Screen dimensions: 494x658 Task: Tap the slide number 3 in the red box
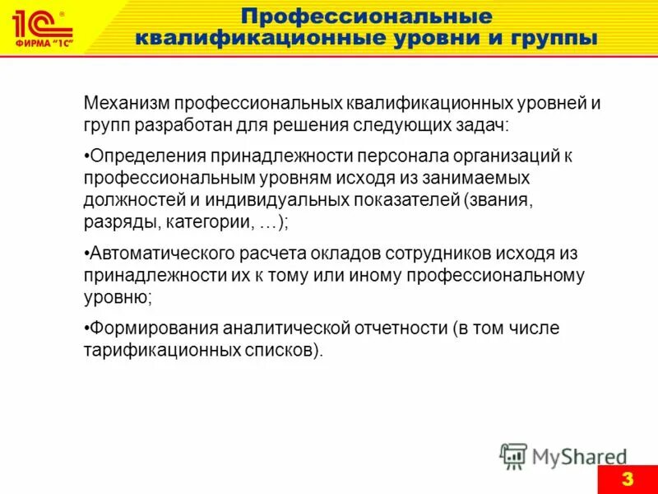coord(627,479)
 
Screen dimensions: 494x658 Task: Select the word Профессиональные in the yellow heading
coord(366,16)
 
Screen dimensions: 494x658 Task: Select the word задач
coord(485,126)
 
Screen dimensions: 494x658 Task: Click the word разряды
coord(120,221)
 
